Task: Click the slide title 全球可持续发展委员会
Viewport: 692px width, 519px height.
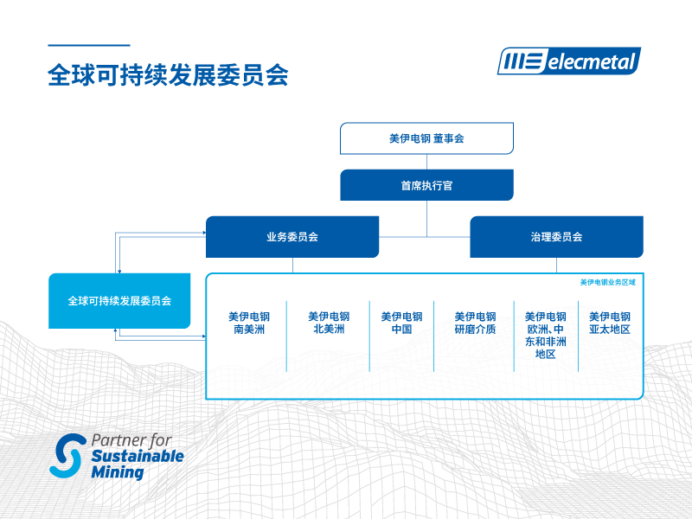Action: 168,74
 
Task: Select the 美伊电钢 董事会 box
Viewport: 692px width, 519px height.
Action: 426,138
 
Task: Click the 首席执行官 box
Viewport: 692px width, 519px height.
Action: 426,185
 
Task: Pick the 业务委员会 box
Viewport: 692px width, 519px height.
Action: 292,237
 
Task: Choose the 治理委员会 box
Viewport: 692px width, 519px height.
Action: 556,237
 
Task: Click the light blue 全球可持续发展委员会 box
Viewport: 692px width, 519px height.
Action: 119,301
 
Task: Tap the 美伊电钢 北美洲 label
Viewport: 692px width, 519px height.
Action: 329,323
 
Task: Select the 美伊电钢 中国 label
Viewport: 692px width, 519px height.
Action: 401,323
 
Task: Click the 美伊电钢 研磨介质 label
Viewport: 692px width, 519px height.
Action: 475,323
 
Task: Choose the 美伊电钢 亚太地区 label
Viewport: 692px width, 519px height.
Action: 610,323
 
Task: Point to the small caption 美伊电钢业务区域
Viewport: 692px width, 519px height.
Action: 607,282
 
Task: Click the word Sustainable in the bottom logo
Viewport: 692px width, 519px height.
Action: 138,457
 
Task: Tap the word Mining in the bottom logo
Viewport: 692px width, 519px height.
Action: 117,473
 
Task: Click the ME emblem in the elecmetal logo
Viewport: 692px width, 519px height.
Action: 522,61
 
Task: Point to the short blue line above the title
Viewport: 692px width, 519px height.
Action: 88,45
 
